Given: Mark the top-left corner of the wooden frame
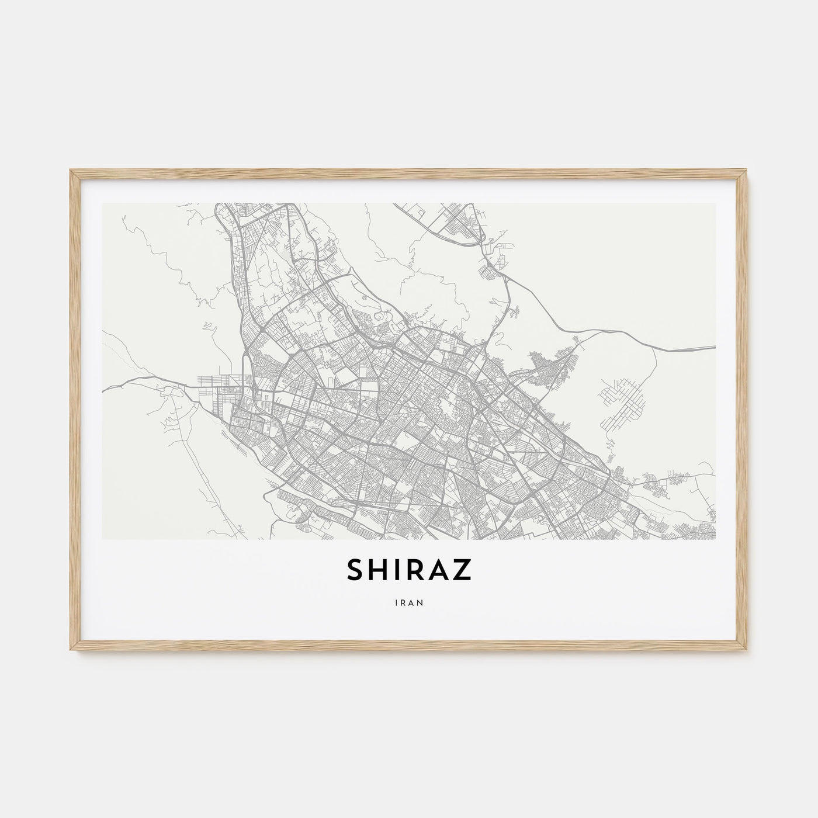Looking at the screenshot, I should tap(70, 170).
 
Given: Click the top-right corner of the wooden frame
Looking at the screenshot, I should tap(748, 170).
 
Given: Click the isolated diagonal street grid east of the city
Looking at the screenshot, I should tap(623, 397).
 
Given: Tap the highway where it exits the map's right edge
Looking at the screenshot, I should tap(714, 346).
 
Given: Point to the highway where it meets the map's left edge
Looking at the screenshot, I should tap(104, 389).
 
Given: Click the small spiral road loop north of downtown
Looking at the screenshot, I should tap(380, 316).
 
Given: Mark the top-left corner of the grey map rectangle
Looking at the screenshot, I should tap(103, 203).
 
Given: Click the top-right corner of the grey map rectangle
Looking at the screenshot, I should tap(716, 203).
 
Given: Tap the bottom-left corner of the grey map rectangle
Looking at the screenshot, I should tap(103, 539).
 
